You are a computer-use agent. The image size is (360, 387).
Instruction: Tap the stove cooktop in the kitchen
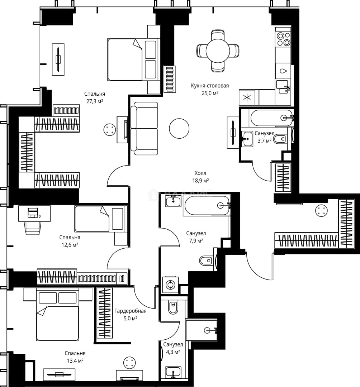click(x=283, y=39)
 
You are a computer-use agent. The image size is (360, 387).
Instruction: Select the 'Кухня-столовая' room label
click(x=210, y=86)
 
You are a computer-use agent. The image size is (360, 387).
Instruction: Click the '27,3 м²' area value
click(x=95, y=101)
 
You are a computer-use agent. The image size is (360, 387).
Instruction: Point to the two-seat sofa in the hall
click(x=144, y=129)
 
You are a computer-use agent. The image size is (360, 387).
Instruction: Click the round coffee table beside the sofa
click(x=179, y=128)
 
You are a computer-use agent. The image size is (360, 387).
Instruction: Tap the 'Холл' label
click(x=200, y=173)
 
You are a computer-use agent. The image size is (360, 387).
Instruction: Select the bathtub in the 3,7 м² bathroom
click(x=271, y=118)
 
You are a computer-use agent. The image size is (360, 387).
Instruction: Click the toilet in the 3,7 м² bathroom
click(x=280, y=139)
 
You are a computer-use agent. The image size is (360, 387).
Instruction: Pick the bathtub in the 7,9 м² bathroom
click(x=207, y=206)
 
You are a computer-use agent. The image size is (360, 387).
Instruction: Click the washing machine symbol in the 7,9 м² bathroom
click(x=170, y=285)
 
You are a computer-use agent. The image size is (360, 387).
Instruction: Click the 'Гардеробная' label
click(x=131, y=311)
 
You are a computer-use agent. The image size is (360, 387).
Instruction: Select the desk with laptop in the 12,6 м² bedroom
click(x=34, y=214)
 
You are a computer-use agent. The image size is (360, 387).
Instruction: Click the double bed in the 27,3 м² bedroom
click(x=133, y=59)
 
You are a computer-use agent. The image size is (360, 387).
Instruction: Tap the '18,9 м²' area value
click(x=200, y=181)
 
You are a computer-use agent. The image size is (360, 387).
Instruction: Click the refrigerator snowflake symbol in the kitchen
click(x=247, y=97)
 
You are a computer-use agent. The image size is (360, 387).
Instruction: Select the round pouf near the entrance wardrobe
click(x=322, y=211)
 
